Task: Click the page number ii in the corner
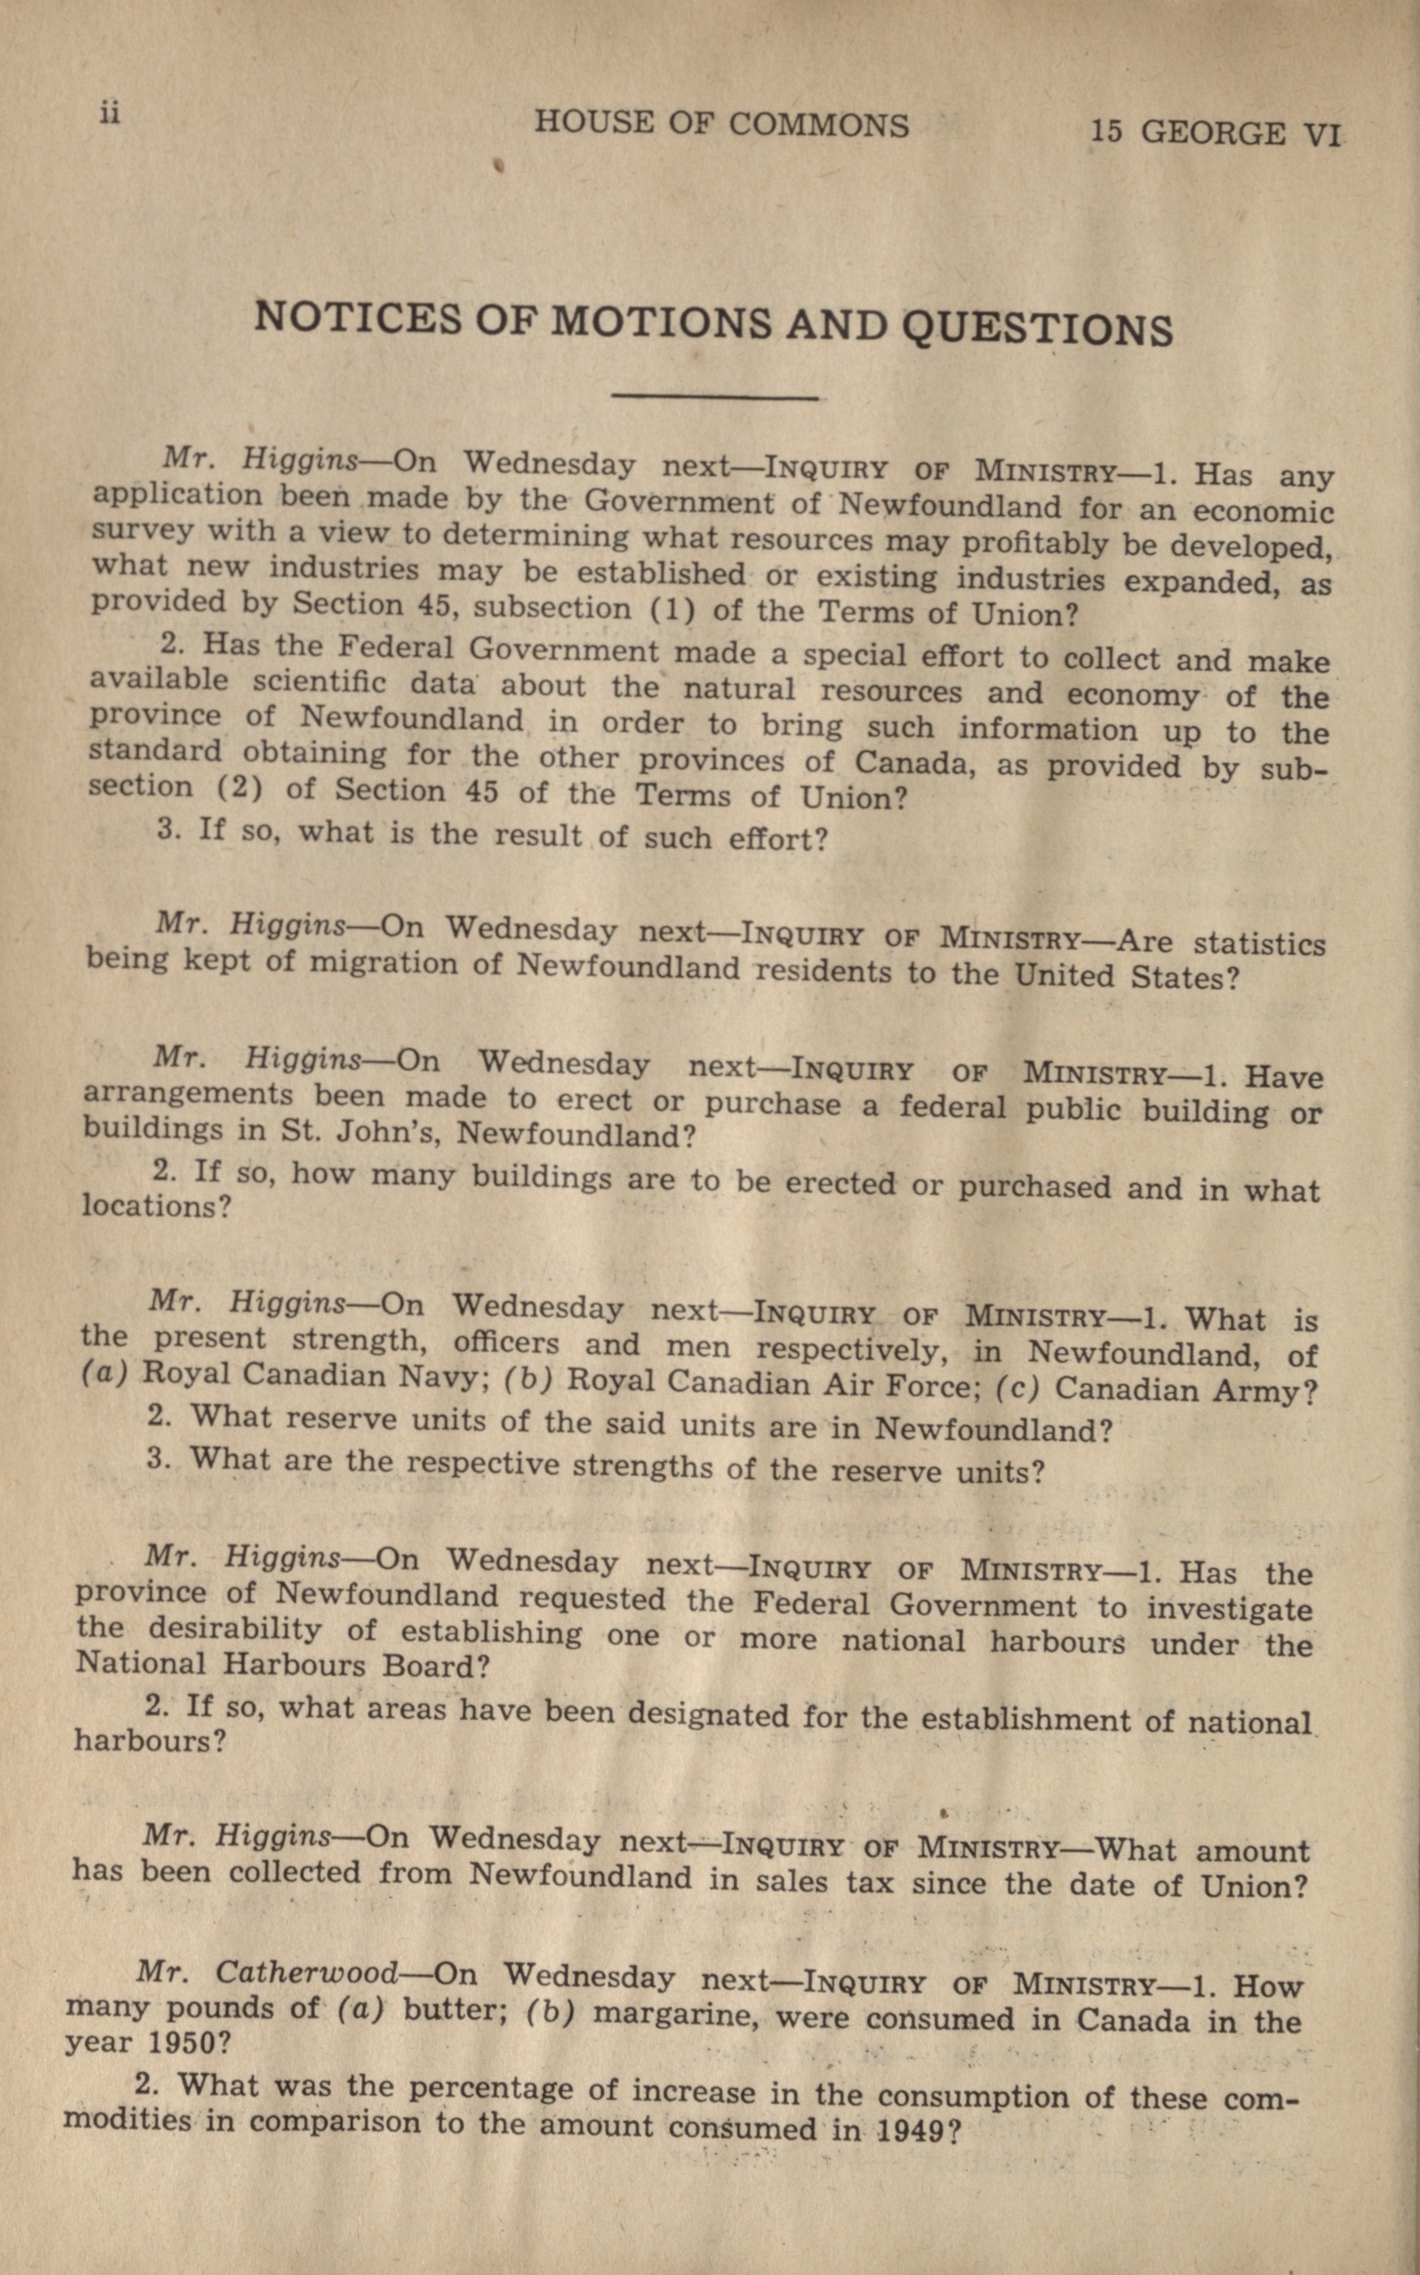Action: point(109,114)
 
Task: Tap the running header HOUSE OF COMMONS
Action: point(721,125)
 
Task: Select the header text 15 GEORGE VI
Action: point(1216,133)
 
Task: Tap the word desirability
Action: point(221,1630)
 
